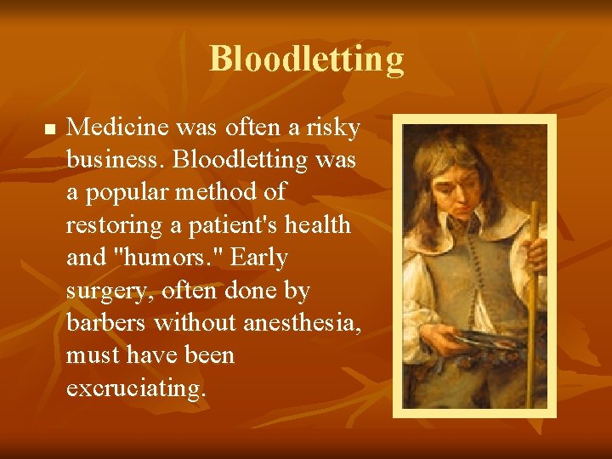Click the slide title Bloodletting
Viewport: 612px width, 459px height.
pos(306,59)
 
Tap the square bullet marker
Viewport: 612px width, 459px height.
pos(49,130)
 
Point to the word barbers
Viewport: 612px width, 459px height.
pos(110,323)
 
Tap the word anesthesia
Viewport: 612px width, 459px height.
pos(302,323)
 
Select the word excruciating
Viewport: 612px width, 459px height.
pos(136,388)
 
